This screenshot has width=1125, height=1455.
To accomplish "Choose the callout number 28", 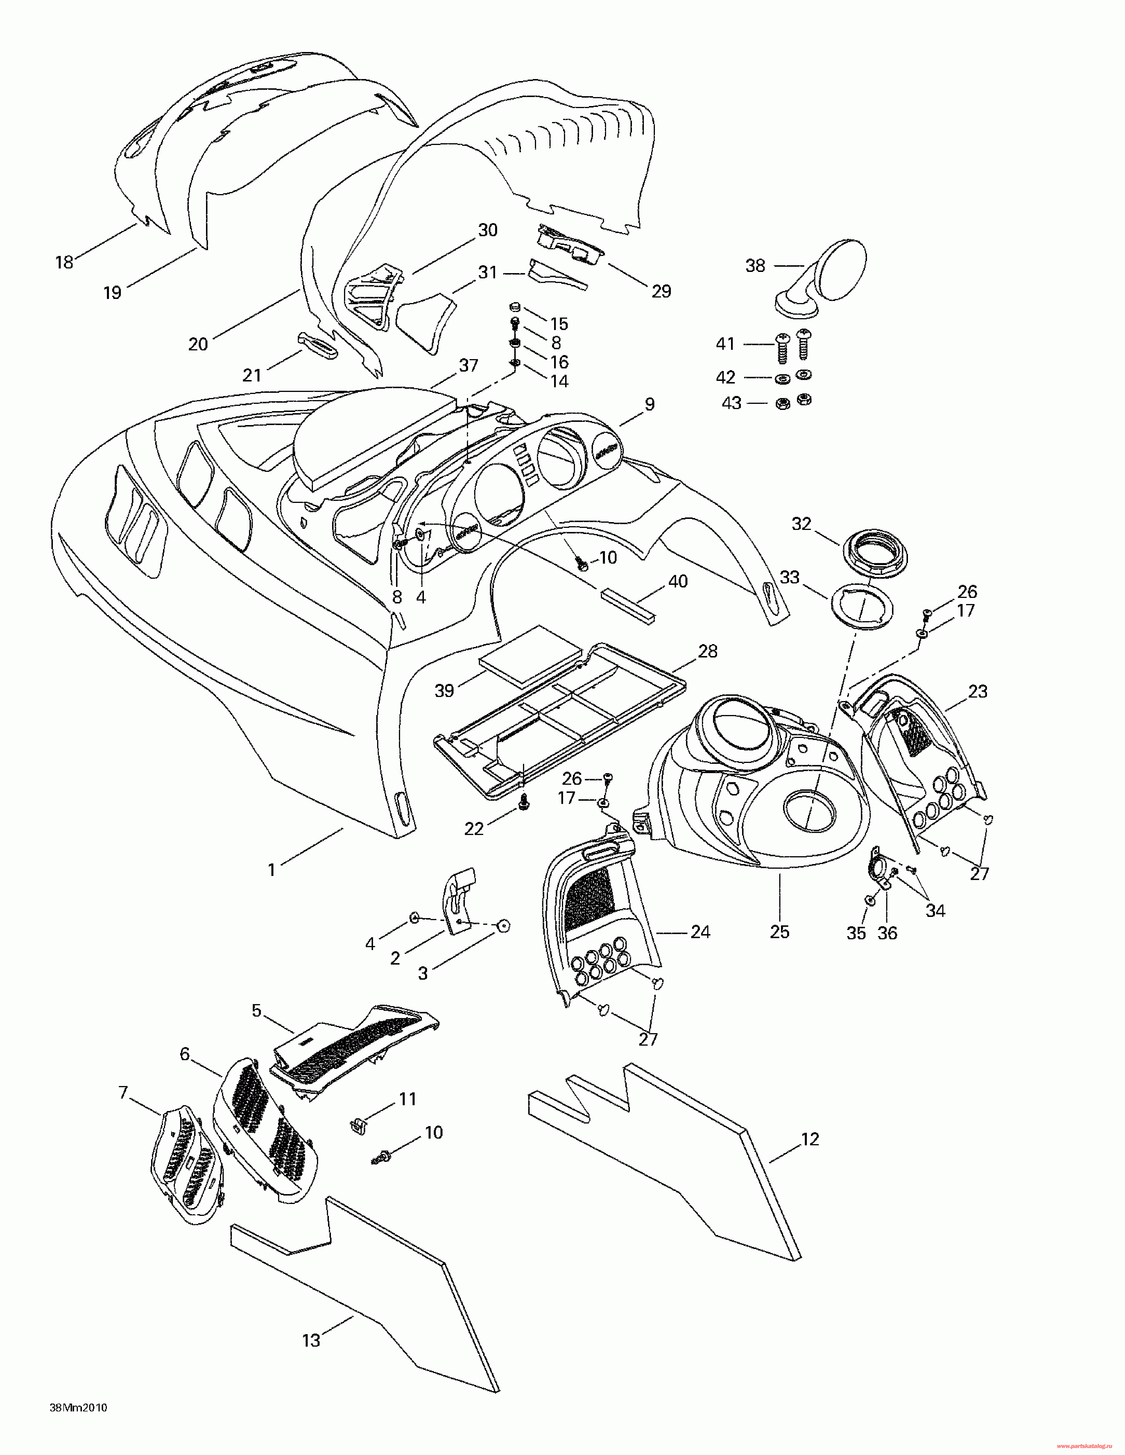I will pyautogui.click(x=707, y=651).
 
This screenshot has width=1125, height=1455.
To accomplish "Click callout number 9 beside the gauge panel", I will pyautogui.click(x=649, y=404).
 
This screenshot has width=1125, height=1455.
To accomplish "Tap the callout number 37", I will pyautogui.click(x=468, y=365).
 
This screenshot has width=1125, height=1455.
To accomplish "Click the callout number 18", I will pyautogui.click(x=64, y=262).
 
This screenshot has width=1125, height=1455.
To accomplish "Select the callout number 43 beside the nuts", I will pyautogui.click(x=731, y=403).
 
